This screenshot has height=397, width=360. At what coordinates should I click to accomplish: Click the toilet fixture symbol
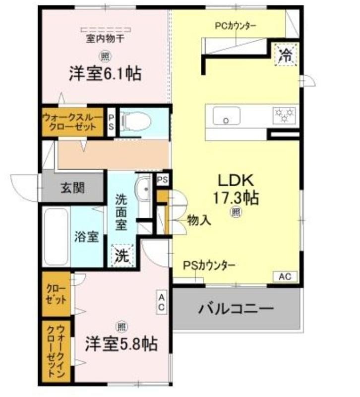[x=136, y=122]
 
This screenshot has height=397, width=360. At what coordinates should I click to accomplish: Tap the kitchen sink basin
[x=227, y=116]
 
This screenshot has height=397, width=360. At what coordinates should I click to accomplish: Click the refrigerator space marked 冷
[x=286, y=55]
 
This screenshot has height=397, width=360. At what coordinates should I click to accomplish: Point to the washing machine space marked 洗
[x=122, y=255]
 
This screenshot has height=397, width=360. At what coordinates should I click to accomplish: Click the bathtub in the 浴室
[x=56, y=237]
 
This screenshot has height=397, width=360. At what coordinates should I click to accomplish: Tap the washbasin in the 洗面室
[x=144, y=189]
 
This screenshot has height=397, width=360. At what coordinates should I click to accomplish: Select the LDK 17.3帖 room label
[x=236, y=190]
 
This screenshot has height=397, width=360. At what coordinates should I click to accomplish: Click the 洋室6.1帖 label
[x=105, y=73]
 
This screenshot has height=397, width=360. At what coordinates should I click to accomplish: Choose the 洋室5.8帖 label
[x=121, y=343]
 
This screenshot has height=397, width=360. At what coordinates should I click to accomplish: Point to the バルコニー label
[x=236, y=309]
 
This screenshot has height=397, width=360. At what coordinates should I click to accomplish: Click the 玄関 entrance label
[x=72, y=188]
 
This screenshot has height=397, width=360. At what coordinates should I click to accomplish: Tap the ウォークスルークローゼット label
[x=72, y=122]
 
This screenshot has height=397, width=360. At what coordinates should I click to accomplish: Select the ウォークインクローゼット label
[x=56, y=351]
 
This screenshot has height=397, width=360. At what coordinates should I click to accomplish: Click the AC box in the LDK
[x=285, y=276]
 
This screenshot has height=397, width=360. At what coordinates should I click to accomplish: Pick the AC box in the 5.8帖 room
[x=162, y=302]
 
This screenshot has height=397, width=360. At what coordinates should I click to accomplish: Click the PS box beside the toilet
[x=111, y=122]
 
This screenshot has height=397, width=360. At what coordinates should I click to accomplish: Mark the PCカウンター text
[x=236, y=26]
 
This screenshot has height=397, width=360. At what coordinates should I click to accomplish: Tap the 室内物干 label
[x=105, y=39]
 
